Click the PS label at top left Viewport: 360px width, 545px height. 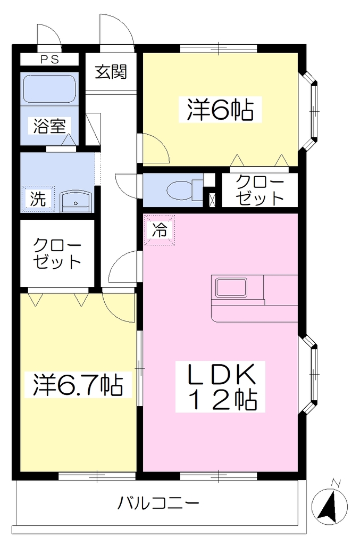50,60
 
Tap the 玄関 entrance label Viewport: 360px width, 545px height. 111,72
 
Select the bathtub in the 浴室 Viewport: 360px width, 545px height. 49,89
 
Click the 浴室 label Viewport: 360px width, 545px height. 49,126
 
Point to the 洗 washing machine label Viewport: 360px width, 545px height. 38,199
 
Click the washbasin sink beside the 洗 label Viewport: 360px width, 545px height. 76,202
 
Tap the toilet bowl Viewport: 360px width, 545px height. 180,191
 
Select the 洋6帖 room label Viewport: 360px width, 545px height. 220,110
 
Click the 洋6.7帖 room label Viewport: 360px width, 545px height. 78,385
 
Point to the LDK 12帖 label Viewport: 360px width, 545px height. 221,386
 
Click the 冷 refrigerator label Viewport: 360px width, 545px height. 160,230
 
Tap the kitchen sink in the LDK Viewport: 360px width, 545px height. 231,287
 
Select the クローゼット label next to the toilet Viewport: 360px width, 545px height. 259,190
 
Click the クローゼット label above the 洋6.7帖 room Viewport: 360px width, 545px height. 57,254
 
